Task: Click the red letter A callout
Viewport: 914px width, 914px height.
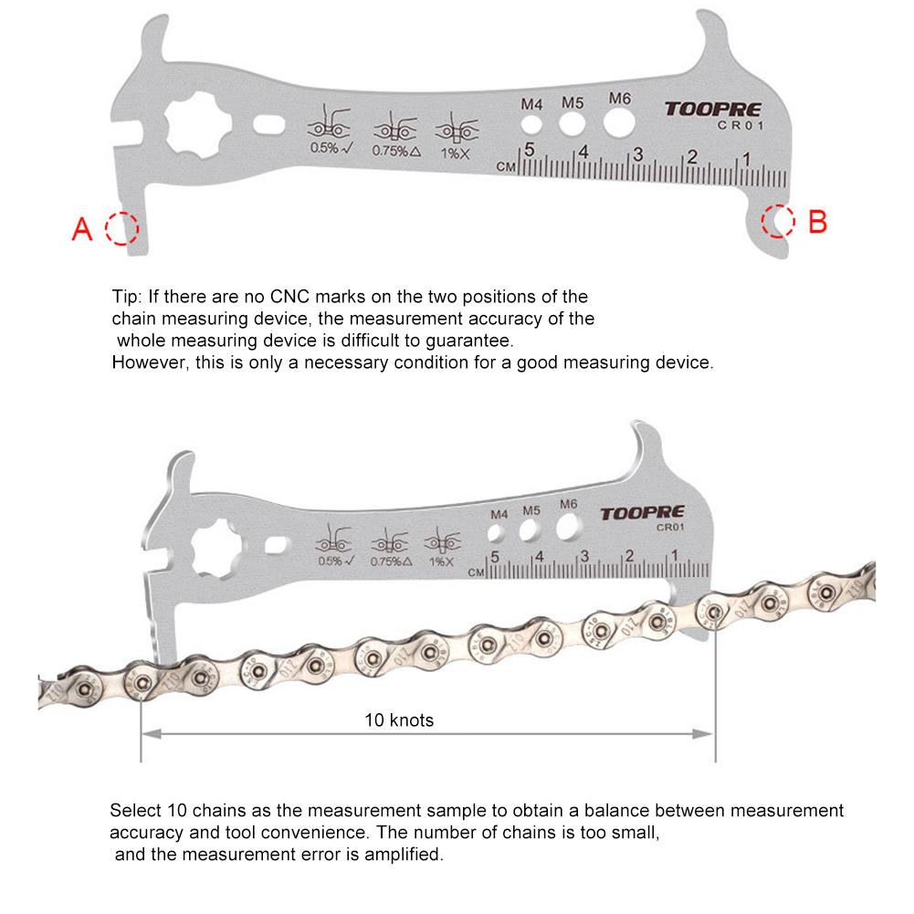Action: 82,228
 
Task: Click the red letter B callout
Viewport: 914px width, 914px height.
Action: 818,221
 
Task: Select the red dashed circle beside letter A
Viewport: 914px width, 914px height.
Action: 121,228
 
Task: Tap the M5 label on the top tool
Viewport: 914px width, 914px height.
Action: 573,101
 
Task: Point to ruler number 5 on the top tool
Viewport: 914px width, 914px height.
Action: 530,150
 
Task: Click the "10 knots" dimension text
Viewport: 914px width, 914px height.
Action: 399,720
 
